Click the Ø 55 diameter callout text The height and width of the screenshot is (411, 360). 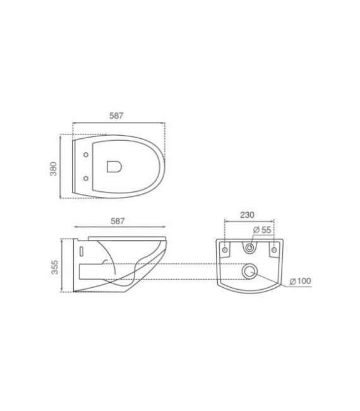point(263,229)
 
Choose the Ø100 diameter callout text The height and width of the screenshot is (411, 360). point(299,280)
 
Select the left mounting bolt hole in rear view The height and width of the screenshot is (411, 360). point(225,250)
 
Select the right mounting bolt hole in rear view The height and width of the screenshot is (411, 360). point(273,250)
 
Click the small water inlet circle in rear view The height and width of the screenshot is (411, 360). point(250,248)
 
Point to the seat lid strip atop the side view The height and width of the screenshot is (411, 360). point(126,238)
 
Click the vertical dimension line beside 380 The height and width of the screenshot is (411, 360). point(61,167)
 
